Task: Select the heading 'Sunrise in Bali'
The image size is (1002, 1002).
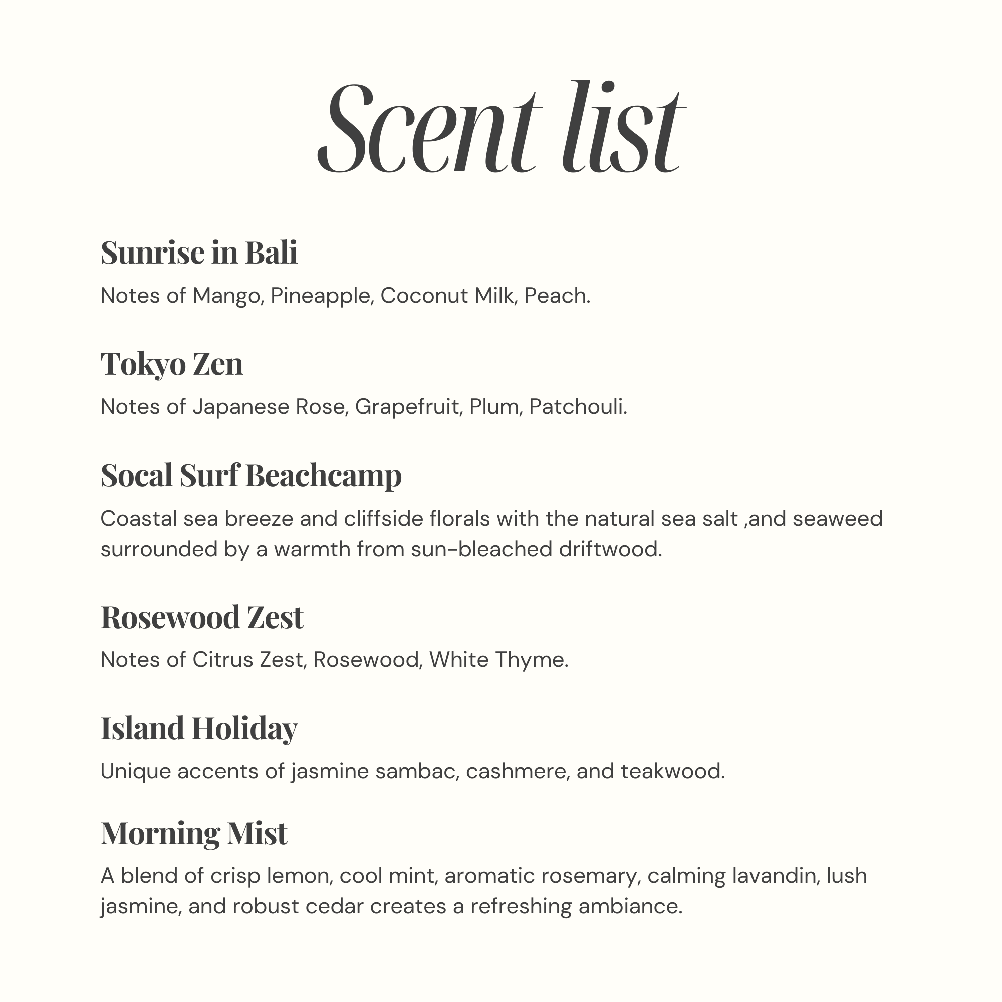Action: pos(199,253)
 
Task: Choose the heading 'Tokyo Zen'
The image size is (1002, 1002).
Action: pos(172,364)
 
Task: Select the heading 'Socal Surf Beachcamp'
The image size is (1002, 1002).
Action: pos(251,475)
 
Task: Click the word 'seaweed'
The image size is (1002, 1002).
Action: pos(837,519)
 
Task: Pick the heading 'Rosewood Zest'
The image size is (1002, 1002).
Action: pos(202,618)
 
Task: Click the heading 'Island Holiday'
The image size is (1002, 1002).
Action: pos(199,728)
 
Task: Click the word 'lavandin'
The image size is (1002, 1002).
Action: pos(775,876)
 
